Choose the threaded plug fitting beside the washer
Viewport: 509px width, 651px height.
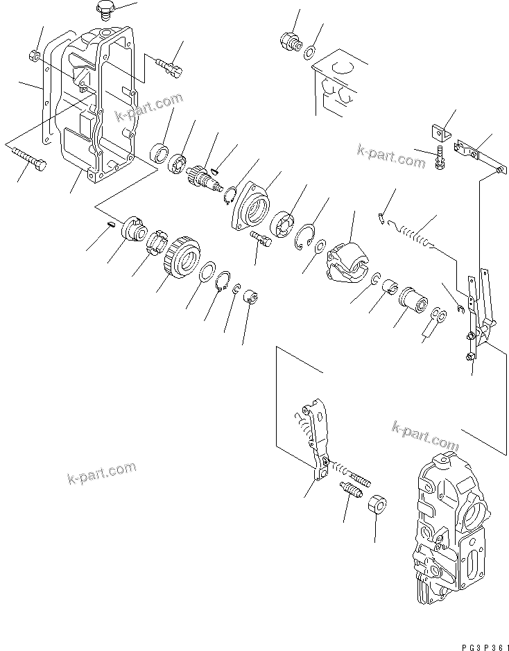click(289, 41)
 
